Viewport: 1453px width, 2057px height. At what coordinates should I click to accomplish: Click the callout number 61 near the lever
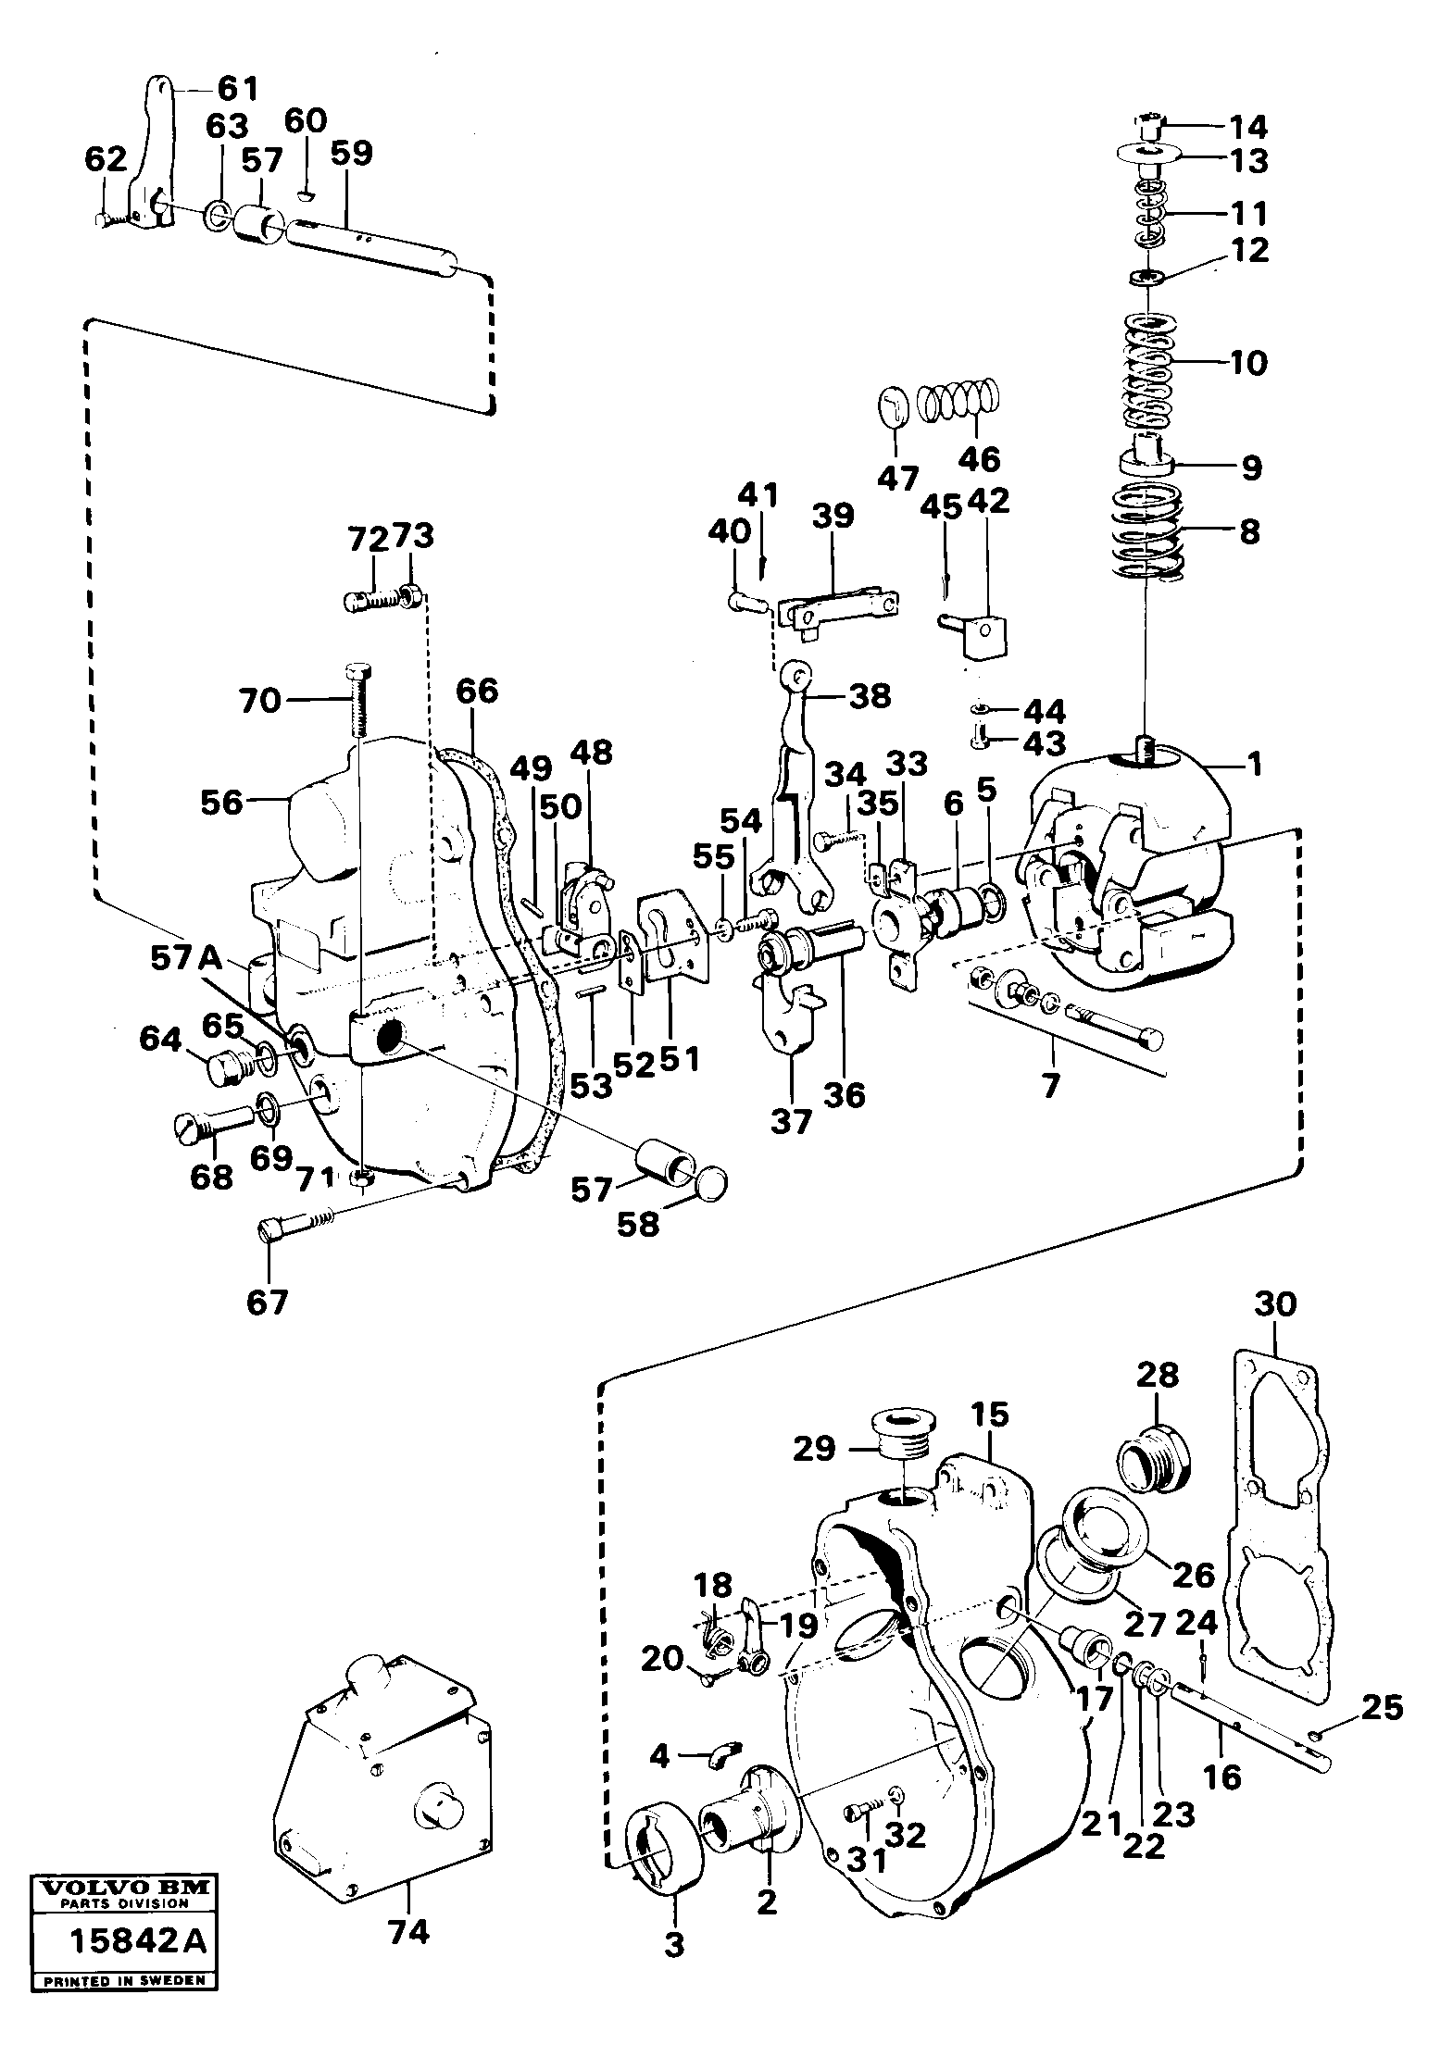tap(238, 89)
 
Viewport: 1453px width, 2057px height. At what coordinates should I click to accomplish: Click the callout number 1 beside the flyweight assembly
tap(1254, 765)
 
